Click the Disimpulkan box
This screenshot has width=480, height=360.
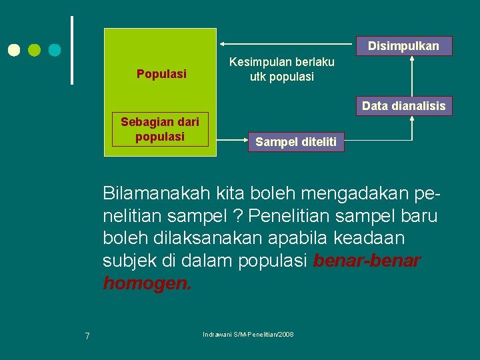pos(403,46)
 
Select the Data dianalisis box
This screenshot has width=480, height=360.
pos(403,105)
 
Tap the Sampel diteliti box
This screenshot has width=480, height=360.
pos(296,141)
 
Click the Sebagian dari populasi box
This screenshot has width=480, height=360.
pos(160,129)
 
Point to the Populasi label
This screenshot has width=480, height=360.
pos(161,73)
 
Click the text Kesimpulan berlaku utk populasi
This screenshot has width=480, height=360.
pos(281,69)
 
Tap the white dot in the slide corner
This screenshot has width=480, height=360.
pos(14,50)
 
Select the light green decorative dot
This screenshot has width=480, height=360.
pos(35,50)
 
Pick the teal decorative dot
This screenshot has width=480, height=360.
pos(55,50)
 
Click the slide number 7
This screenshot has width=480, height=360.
pos(87,336)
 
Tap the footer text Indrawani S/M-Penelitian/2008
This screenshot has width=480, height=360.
pos(248,334)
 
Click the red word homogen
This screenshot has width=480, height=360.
pos(146,283)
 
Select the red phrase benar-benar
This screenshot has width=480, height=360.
pos(367,261)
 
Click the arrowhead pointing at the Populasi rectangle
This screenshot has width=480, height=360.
pos(222,45)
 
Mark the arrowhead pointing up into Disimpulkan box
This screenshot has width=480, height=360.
pos(412,59)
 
